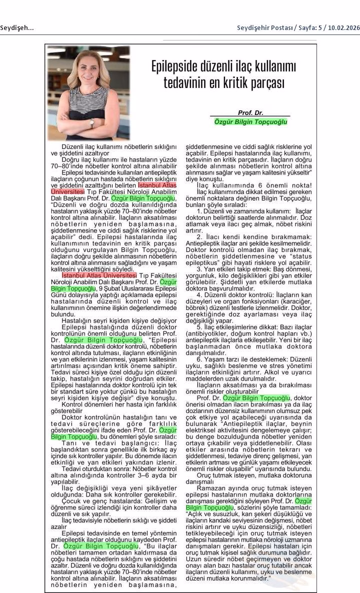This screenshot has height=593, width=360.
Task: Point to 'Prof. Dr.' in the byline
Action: (x=250, y=113)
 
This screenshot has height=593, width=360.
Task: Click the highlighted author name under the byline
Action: (x=250, y=121)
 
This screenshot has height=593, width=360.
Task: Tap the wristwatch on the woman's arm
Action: (x=92, y=122)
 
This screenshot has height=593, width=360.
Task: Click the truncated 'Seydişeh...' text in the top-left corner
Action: (x=17, y=27)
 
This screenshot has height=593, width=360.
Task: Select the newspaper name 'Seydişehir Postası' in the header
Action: (x=262, y=27)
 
